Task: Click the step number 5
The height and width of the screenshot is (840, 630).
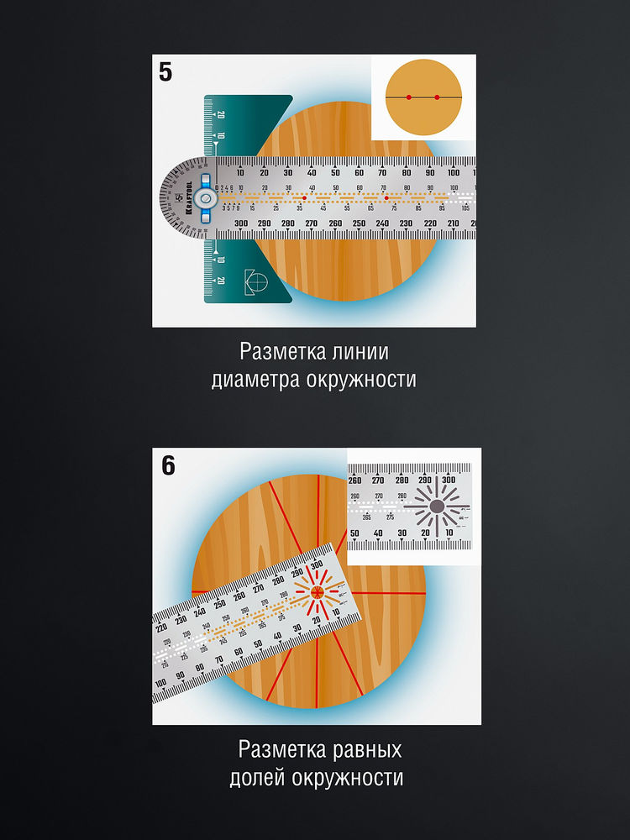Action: tap(165, 71)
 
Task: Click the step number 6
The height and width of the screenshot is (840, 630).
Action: tap(168, 465)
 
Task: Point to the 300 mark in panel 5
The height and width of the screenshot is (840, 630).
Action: tap(240, 223)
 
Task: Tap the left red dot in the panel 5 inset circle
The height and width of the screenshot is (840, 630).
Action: tap(409, 97)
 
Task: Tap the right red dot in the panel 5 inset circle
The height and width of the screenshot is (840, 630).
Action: tap(438, 97)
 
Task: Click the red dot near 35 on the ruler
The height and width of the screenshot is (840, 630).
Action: tap(304, 197)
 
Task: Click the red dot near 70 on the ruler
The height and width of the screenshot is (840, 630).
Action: tap(386, 198)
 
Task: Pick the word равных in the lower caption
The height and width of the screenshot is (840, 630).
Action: tap(362, 748)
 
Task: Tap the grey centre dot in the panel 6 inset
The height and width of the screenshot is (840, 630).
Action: tap(437, 507)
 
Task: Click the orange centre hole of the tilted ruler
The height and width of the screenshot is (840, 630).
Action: tap(317, 592)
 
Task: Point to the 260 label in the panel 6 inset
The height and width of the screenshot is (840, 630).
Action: tap(354, 480)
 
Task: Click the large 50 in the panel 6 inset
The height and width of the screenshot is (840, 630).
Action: tap(354, 533)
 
